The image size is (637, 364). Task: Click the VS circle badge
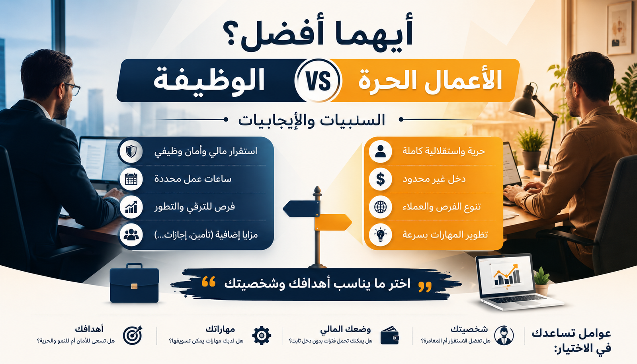(318, 80)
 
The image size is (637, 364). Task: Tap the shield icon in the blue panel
(131, 151)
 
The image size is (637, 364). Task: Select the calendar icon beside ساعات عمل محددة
(131, 179)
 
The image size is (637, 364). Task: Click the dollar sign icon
(381, 179)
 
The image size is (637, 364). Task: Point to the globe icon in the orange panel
(381, 207)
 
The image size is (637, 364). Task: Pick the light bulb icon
(381, 235)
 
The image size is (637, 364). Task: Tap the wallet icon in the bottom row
(390, 336)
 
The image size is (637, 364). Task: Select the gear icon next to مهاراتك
(262, 336)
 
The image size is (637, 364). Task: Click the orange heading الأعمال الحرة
(430, 80)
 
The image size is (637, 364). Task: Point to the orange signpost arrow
(333, 222)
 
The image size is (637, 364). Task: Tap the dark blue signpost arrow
(301, 209)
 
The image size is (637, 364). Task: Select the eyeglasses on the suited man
(72, 89)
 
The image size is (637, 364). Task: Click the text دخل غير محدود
(434, 179)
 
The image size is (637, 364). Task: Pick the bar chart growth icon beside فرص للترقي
(131, 207)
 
